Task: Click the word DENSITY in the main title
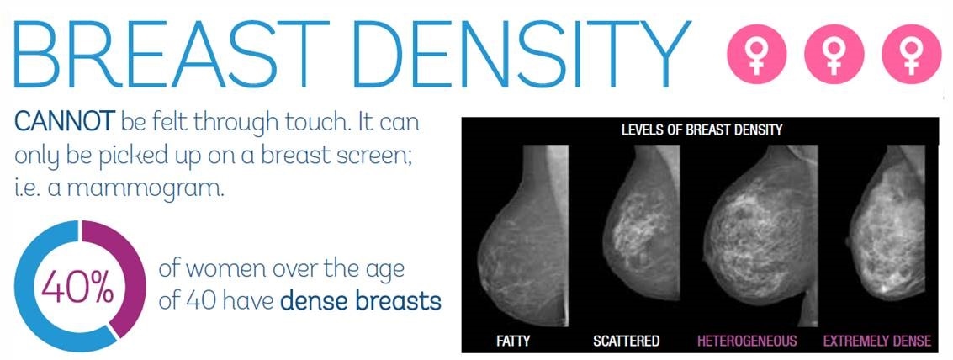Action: point(522,55)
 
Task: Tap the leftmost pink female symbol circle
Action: point(757,54)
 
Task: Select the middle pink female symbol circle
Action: point(834,54)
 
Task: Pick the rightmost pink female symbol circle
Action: point(911,54)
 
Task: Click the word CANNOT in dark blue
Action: point(64,123)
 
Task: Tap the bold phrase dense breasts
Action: point(361,301)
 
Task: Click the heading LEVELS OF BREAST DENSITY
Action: point(702,130)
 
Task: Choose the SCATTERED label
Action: point(626,341)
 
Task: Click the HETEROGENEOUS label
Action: point(747,341)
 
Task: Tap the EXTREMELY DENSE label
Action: point(877,341)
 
